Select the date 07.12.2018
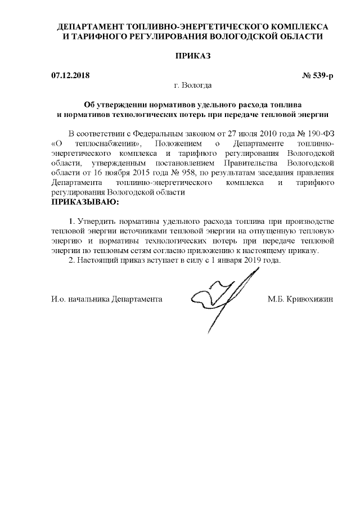coord(70,75)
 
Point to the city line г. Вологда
coord(193,85)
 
